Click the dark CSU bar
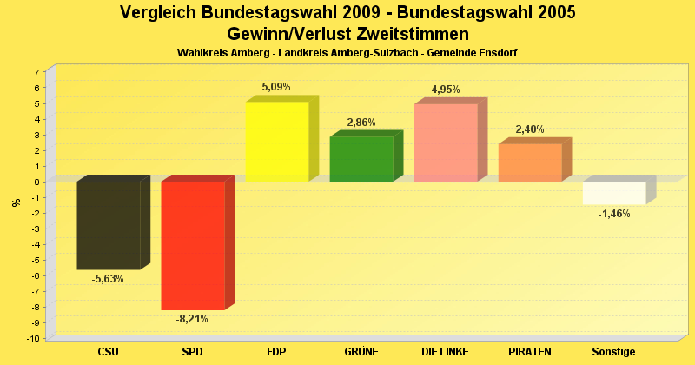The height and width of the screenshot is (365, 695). (x=109, y=225)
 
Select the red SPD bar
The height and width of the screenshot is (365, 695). (x=193, y=245)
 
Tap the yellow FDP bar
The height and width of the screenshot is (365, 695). (x=277, y=142)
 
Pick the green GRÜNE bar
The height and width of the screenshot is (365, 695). (x=361, y=159)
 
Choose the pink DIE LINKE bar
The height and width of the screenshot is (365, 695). (x=446, y=143)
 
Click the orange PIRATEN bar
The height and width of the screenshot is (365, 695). (x=530, y=163)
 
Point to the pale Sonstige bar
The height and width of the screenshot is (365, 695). (x=614, y=193)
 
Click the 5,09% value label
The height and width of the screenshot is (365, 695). (x=276, y=87)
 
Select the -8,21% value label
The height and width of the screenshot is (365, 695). (x=192, y=319)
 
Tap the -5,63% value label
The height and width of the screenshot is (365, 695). (x=108, y=279)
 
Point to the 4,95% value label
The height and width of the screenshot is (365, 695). (x=446, y=90)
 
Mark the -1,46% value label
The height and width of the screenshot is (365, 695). (x=614, y=214)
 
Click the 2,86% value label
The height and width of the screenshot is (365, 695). (x=361, y=123)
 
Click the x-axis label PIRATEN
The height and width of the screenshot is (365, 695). (x=530, y=352)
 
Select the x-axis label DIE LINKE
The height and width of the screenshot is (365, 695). (x=446, y=352)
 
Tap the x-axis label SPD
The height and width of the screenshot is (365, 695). (x=193, y=352)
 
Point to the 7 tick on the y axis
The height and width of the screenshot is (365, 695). (x=36, y=72)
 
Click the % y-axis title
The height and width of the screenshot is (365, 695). (x=16, y=202)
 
